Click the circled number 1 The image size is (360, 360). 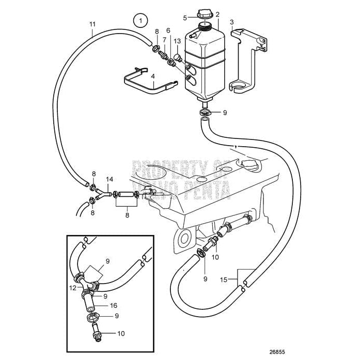pyautogui.click(x=140, y=21)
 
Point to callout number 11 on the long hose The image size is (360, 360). pyautogui.click(x=92, y=24)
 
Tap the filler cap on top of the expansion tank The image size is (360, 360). pyautogui.click(x=205, y=17)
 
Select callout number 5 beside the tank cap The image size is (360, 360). pyautogui.click(x=184, y=18)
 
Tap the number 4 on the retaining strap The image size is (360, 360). pyautogui.click(x=152, y=76)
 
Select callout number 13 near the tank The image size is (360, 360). pyautogui.click(x=177, y=41)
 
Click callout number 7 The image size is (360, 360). pyautogui.click(x=164, y=40)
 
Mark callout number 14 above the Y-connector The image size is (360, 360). pyautogui.click(x=109, y=180)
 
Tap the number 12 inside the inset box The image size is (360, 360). pyautogui.click(x=73, y=287)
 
